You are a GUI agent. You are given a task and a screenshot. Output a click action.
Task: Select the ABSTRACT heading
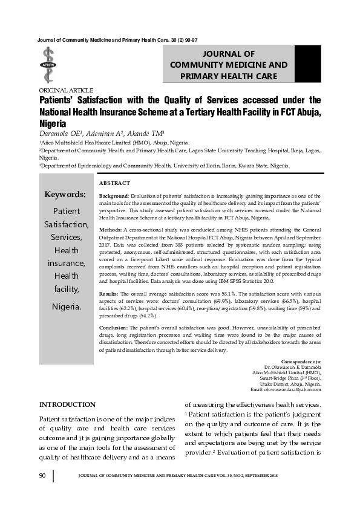[x=114, y=183]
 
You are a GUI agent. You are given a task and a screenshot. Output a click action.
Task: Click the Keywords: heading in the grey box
[x=65, y=195]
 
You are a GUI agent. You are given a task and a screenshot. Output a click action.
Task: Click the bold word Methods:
[x=110, y=230]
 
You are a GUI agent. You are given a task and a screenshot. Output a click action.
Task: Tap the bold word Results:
[x=110, y=292]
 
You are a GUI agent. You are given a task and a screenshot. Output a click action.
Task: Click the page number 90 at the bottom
[x=42, y=476]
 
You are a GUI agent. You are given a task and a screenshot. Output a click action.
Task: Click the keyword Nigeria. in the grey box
[x=66, y=306]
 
